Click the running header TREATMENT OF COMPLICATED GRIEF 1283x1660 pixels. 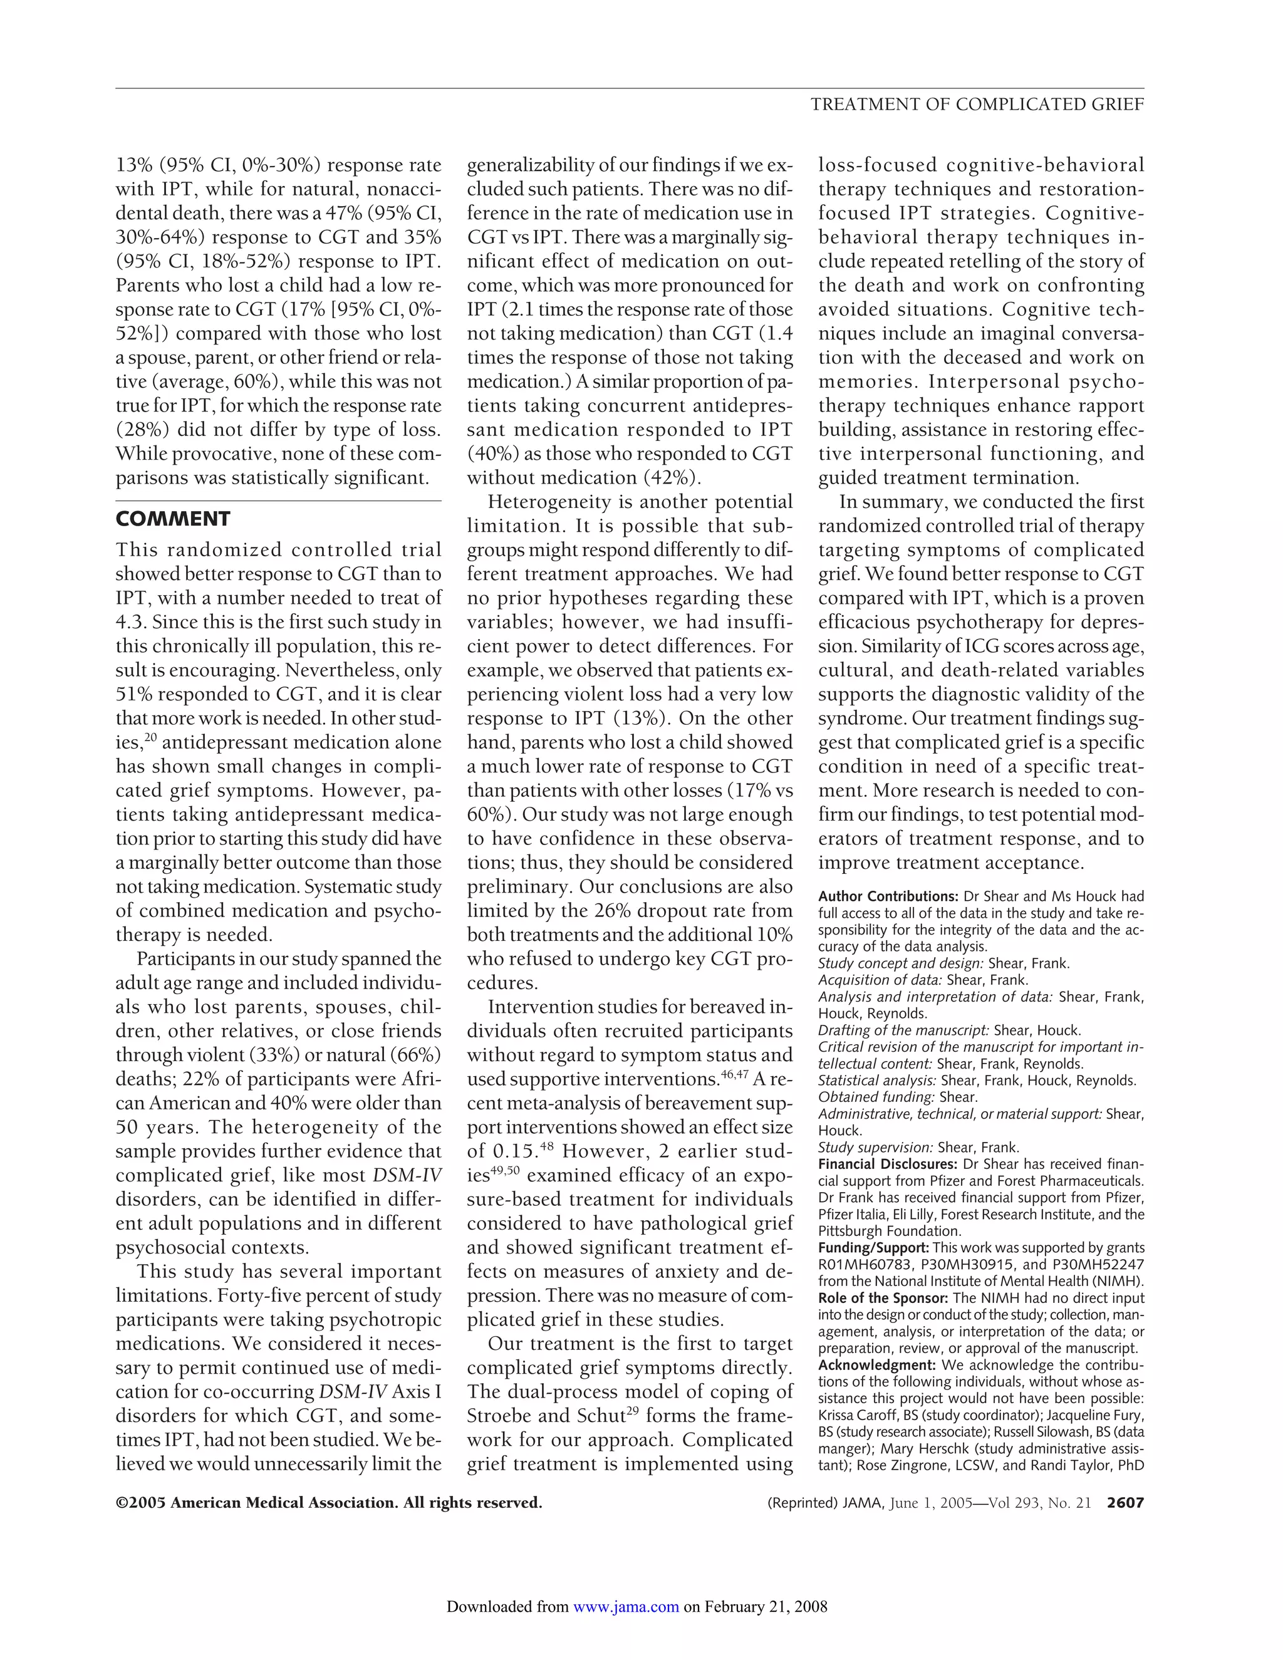click(977, 105)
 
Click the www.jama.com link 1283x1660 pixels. click(626, 1606)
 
